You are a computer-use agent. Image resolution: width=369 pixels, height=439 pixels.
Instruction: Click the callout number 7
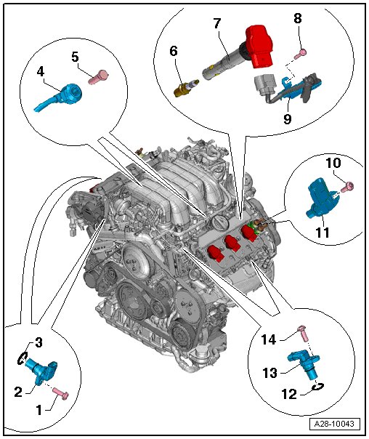[x=217, y=23]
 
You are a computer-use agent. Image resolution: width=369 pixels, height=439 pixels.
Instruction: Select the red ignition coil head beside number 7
[x=258, y=47]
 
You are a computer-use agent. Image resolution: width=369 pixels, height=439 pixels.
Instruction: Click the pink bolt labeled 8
[x=301, y=54]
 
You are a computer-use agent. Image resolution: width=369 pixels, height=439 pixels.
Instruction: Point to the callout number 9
[x=287, y=118]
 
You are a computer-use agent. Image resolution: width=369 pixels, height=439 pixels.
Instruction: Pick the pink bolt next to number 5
[x=98, y=77]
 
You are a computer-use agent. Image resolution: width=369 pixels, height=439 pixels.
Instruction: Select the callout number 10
[x=333, y=163]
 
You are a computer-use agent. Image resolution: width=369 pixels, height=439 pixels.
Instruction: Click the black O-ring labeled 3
[x=23, y=358]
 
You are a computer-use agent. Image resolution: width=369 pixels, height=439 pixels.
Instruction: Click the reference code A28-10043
[x=334, y=424]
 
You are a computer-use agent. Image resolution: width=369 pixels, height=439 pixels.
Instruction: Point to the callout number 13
[x=269, y=373]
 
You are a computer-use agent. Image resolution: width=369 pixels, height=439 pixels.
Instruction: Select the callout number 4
[x=41, y=72]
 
